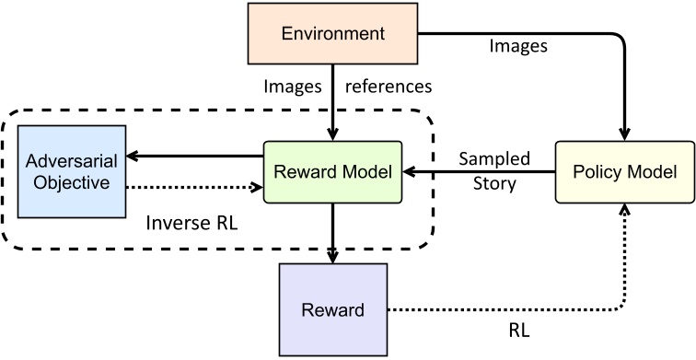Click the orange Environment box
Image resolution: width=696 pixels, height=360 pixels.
(332, 34)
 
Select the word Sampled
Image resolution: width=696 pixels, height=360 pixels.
(496, 159)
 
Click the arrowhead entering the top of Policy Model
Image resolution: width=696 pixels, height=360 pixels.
(625, 134)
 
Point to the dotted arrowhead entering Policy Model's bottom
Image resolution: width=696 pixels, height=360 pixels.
(625, 210)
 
